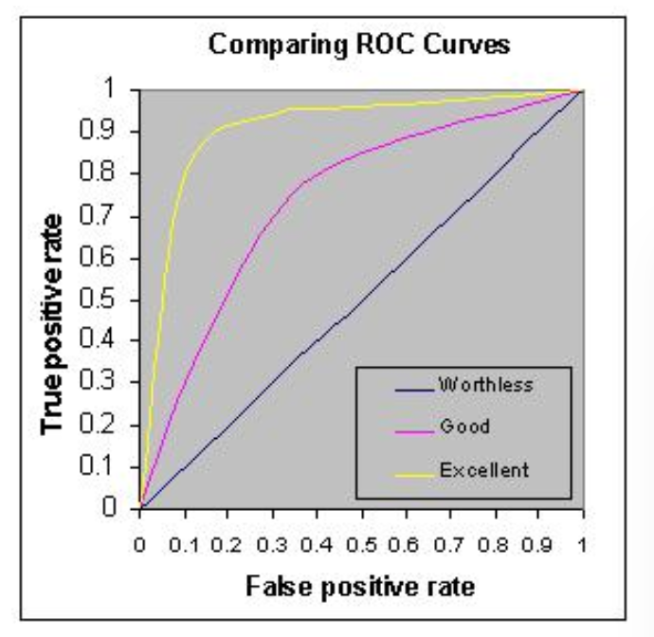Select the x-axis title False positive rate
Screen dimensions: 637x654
point(361,586)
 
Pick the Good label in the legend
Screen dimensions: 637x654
point(464,427)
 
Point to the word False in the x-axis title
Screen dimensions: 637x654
point(273,586)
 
